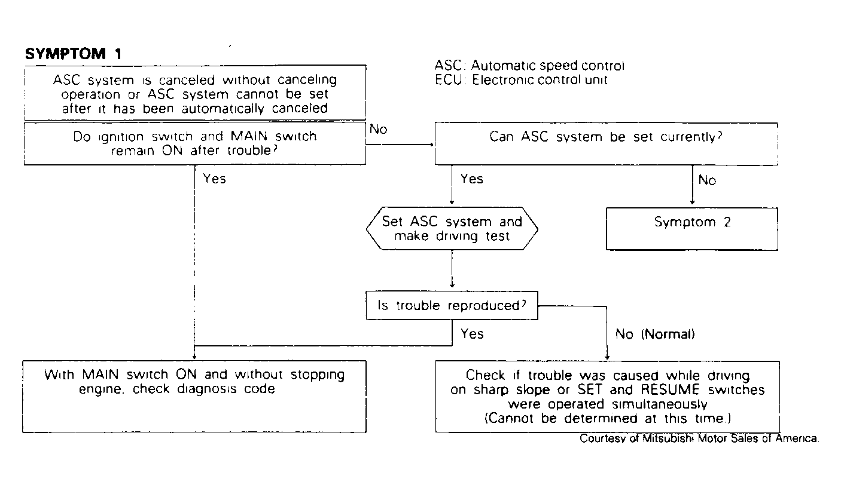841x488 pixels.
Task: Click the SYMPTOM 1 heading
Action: [x=74, y=54]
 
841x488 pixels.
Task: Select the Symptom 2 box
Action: [x=692, y=229]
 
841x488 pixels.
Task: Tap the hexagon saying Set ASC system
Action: [x=452, y=229]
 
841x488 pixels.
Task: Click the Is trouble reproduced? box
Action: [x=452, y=305]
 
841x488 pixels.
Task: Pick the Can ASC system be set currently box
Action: [x=607, y=144]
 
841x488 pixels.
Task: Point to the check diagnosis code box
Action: [x=194, y=397]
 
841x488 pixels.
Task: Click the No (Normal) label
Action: [x=655, y=334]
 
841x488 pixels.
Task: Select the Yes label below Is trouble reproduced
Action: [x=472, y=333]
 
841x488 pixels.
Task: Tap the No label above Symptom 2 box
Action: [x=707, y=180]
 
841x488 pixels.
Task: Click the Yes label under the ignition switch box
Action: [x=214, y=179]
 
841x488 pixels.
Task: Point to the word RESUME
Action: [x=670, y=390]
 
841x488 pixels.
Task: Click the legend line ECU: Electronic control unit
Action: [x=521, y=80]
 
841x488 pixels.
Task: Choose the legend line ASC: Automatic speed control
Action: [x=529, y=66]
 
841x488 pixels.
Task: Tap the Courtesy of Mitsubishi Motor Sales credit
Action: [x=699, y=438]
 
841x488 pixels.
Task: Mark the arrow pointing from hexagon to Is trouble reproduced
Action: [x=452, y=269]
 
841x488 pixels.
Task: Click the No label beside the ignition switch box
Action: [x=378, y=129]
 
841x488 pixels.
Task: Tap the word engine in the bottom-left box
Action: [x=101, y=389]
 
